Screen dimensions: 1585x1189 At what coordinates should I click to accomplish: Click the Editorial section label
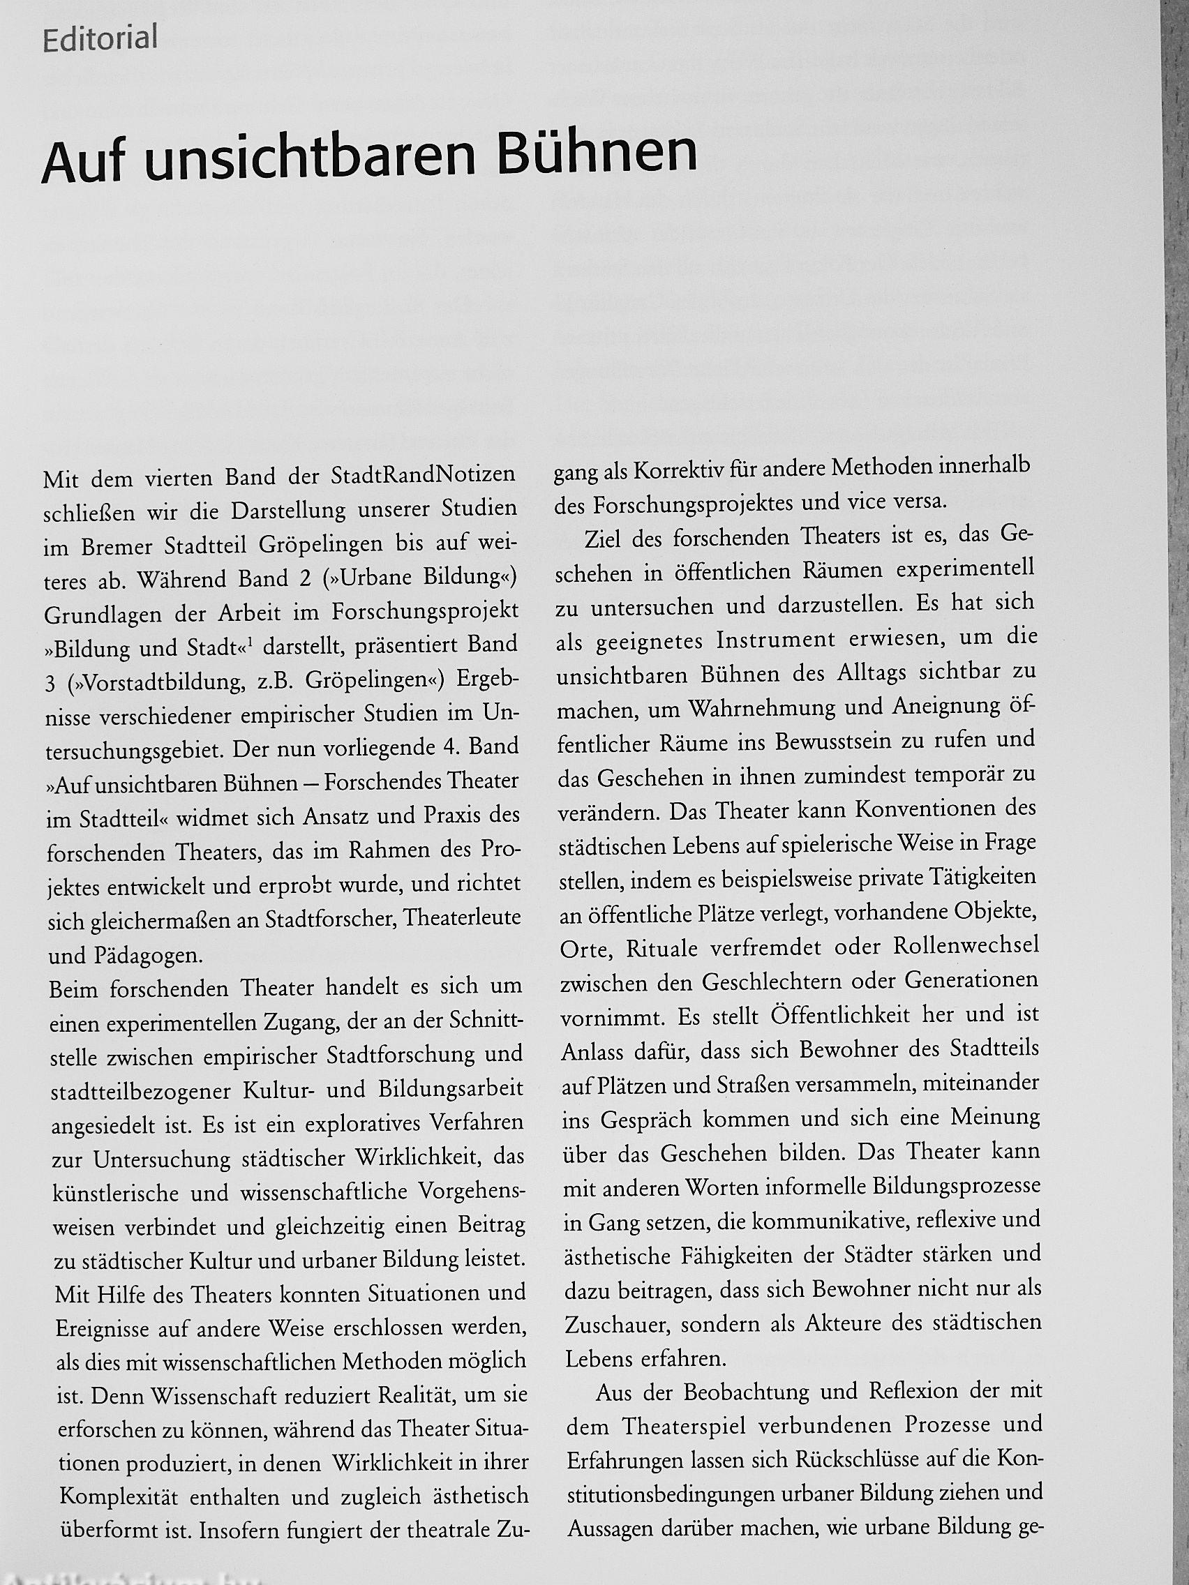click(100, 39)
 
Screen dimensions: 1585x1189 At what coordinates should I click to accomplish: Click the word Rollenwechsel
click(966, 947)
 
